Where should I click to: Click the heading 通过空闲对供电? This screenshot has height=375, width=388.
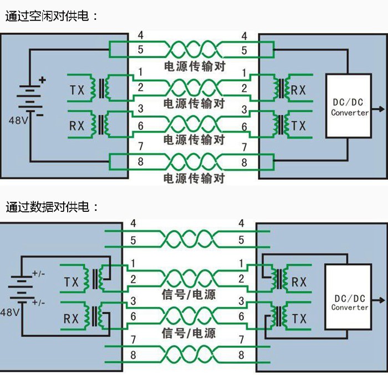(x=52, y=16)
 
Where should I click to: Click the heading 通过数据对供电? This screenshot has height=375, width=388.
(x=52, y=208)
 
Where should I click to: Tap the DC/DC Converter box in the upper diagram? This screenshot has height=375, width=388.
(x=350, y=106)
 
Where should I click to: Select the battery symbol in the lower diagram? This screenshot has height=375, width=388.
(x=21, y=288)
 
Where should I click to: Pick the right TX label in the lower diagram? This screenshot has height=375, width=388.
(x=299, y=319)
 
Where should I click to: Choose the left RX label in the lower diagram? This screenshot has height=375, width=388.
(x=71, y=319)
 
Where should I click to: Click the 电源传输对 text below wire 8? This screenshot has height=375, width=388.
(x=194, y=178)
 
